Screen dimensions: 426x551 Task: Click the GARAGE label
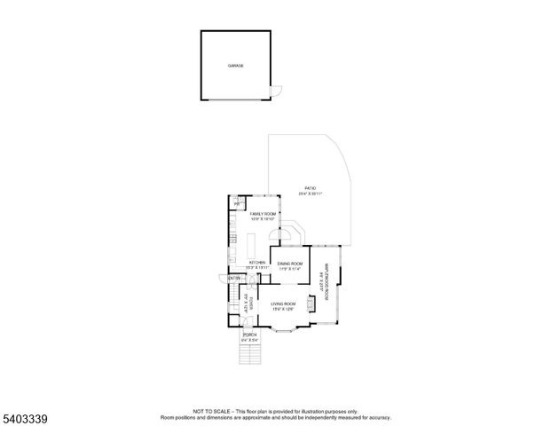[x=235, y=66]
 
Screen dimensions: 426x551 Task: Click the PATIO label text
[x=310, y=188]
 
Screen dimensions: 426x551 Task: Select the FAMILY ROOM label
[x=264, y=214]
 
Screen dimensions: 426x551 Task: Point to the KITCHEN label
[x=257, y=263]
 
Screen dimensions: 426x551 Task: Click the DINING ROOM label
[x=289, y=264]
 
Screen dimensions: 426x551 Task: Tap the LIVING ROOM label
[x=283, y=304]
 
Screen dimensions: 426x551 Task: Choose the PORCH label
[x=250, y=334]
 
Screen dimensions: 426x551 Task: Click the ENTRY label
[x=234, y=279]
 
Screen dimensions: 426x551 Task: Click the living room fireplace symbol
[x=310, y=304]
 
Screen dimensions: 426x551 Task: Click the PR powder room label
[x=236, y=205]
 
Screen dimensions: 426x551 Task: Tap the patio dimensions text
[x=310, y=193]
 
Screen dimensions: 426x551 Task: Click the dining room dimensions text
[x=289, y=269]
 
